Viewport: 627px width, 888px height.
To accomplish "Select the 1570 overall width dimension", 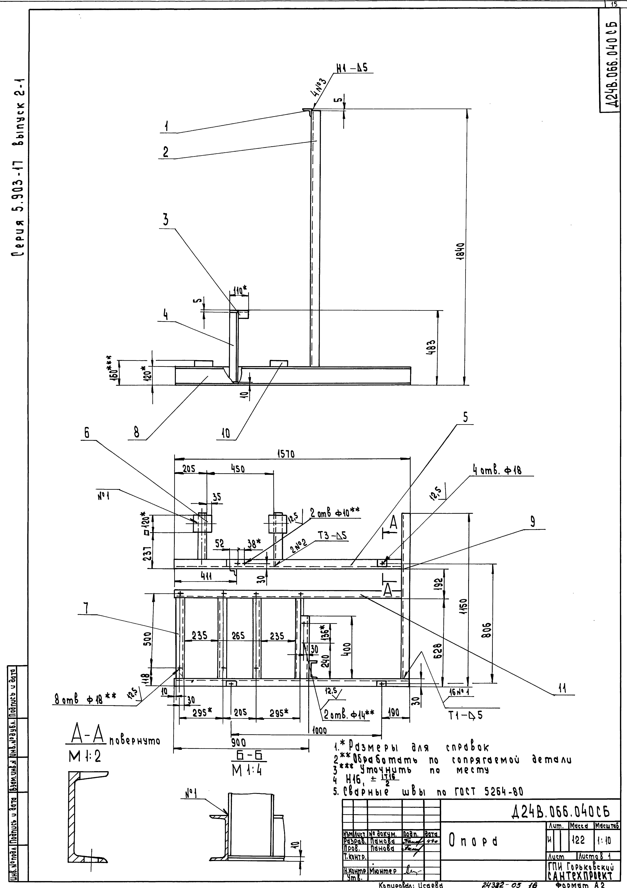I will (286, 454).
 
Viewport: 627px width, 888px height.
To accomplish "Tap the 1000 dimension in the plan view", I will (320, 731).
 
